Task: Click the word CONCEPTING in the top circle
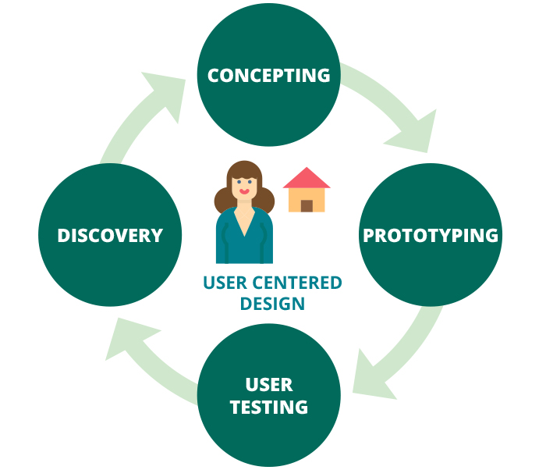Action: pos(268,75)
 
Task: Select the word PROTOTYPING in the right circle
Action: pos(431,235)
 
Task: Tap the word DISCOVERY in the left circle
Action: pos(110,235)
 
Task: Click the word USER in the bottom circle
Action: pos(268,384)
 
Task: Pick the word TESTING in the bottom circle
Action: pos(268,407)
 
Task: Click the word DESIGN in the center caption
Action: pos(272,302)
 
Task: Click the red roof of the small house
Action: pos(307,179)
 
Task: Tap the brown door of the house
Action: pos(307,205)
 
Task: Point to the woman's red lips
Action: pos(244,190)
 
